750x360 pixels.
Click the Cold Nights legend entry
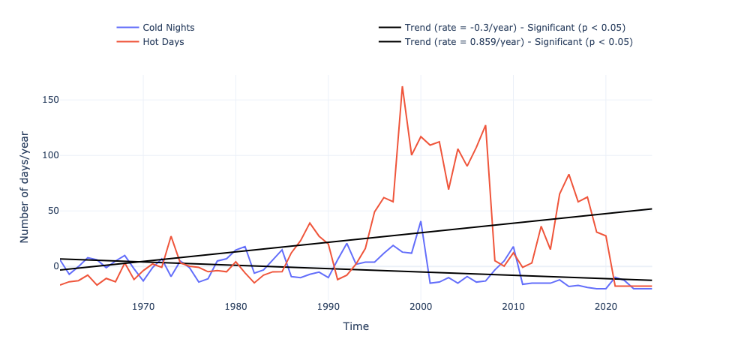pos(168,28)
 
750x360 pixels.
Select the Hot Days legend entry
pos(163,42)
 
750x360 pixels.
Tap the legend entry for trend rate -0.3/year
pos(514,28)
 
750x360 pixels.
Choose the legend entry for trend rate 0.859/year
pos(518,42)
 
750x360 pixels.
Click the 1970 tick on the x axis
pos(143,306)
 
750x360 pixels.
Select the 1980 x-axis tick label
pos(236,306)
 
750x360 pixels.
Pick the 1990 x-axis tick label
pos(328,306)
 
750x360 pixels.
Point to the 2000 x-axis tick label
pos(421,306)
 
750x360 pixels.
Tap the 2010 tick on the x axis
pos(514,306)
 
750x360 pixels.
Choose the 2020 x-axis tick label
pos(606,306)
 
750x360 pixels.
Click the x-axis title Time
pos(355,326)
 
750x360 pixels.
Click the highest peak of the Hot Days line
pos(402,86)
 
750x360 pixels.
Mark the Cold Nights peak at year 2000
pos(421,221)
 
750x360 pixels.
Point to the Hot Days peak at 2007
pos(485,125)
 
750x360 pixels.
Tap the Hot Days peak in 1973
pos(171,236)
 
